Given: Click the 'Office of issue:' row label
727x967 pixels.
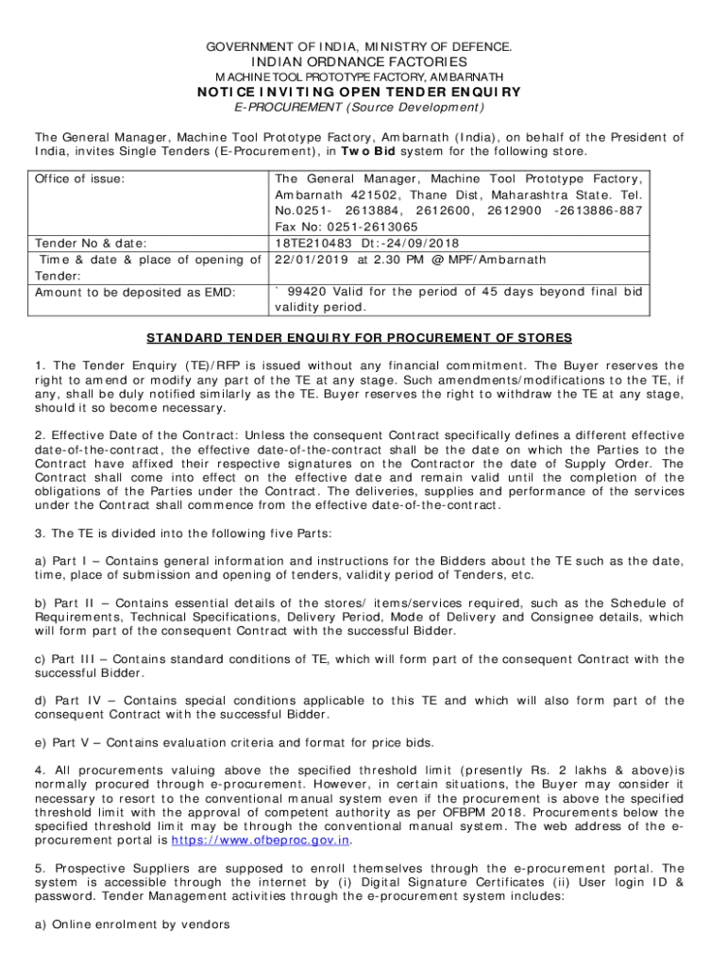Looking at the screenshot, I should coord(80,178).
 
